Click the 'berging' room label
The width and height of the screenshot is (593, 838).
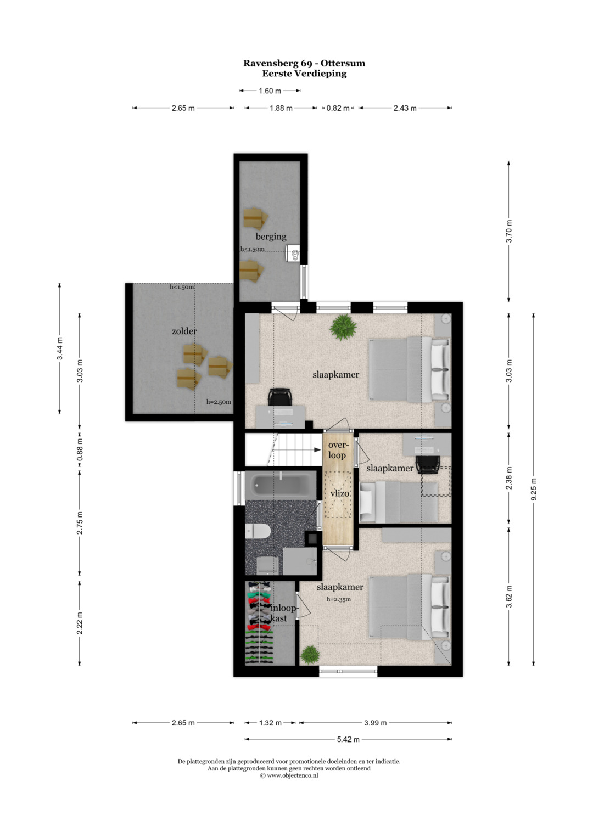pyautogui.click(x=271, y=237)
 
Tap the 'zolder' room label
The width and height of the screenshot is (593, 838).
pyautogui.click(x=184, y=331)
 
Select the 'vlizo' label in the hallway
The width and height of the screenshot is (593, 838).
pyautogui.click(x=339, y=493)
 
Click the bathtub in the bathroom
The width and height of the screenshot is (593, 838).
pyautogui.click(x=281, y=485)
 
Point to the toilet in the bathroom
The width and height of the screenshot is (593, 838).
pyautogui.click(x=258, y=531)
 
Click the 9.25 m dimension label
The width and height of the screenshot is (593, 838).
pyautogui.click(x=534, y=489)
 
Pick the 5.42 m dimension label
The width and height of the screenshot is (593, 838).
pyautogui.click(x=348, y=739)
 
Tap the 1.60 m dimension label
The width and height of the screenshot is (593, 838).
pyautogui.click(x=270, y=91)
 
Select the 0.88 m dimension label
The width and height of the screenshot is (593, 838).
pyautogui.click(x=80, y=449)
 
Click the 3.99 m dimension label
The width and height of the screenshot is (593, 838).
pyautogui.click(x=375, y=723)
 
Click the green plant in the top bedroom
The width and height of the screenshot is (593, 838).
pyautogui.click(x=343, y=327)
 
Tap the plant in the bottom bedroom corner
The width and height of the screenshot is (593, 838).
pyautogui.click(x=310, y=654)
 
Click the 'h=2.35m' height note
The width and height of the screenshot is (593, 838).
pyautogui.click(x=338, y=599)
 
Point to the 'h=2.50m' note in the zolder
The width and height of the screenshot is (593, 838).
pyautogui.click(x=219, y=402)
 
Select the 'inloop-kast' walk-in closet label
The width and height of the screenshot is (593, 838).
pyautogui.click(x=283, y=613)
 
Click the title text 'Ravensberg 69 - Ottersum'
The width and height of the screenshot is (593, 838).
pyautogui.click(x=304, y=63)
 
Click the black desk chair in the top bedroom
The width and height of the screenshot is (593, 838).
pyautogui.click(x=279, y=397)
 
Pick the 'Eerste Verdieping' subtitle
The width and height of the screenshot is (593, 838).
pyautogui.click(x=304, y=74)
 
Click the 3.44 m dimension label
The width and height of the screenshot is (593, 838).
pyautogui.click(x=59, y=348)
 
